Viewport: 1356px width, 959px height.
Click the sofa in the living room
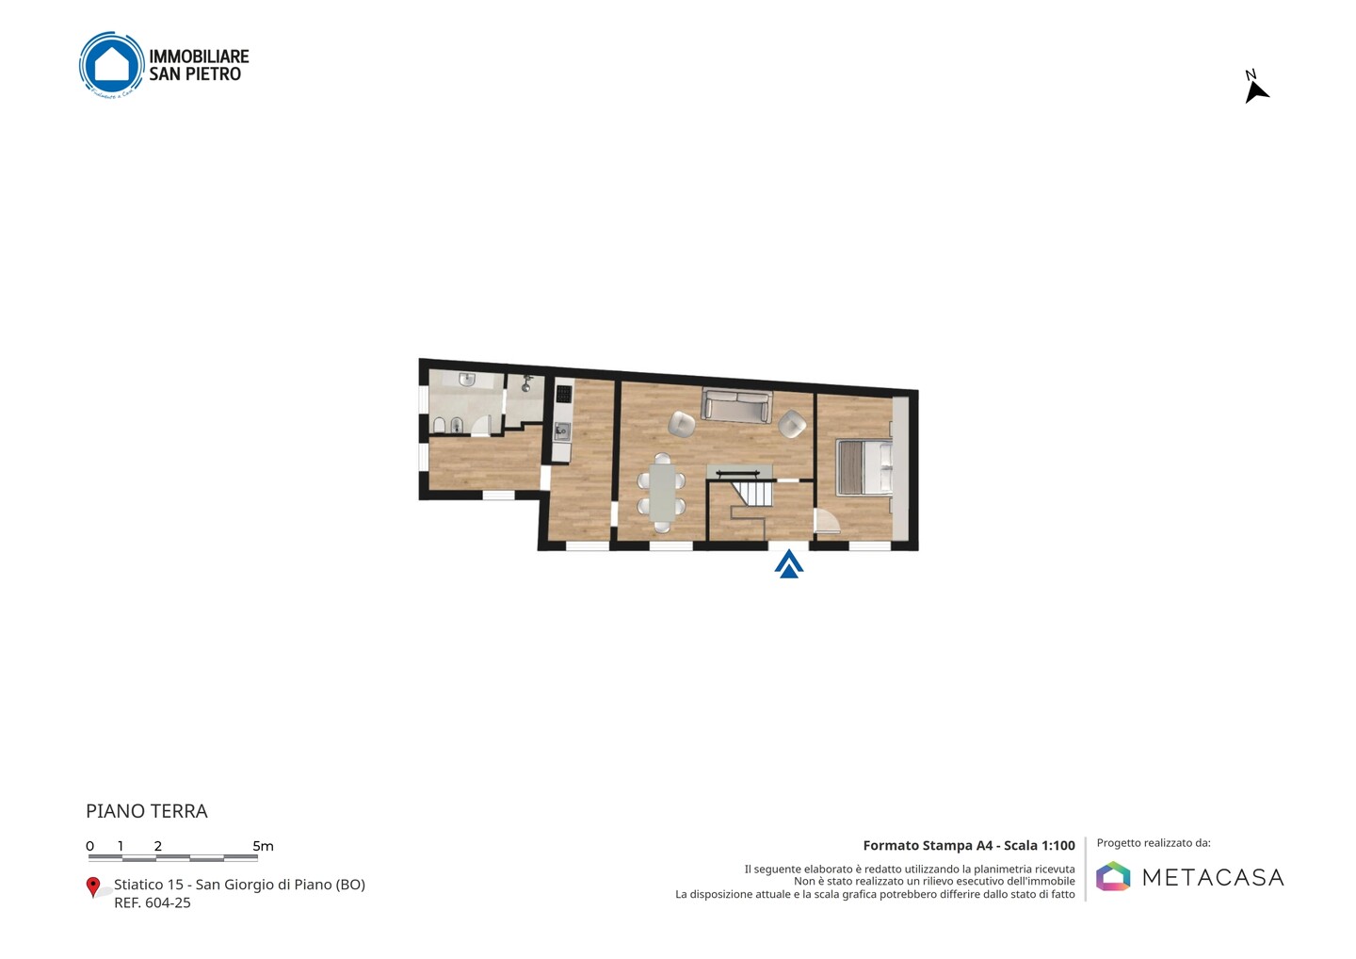point(736,406)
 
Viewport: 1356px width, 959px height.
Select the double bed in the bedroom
point(864,467)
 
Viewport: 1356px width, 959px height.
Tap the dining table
point(662,493)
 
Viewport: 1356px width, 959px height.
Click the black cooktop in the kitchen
point(563,395)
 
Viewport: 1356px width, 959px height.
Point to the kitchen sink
point(562,431)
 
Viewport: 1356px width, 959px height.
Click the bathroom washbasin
point(467,381)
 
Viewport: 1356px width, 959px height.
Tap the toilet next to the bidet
point(440,426)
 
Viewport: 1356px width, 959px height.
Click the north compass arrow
point(1255,92)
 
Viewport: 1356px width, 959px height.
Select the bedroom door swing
point(827,521)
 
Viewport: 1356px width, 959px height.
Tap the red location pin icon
point(92,887)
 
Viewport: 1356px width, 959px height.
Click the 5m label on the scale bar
point(264,846)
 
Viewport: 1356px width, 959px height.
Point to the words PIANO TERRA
point(147,811)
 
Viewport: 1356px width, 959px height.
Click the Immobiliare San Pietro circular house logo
point(112,65)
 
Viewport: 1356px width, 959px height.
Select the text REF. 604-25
point(152,902)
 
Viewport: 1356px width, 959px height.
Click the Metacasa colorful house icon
point(1113,876)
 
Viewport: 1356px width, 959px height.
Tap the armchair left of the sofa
point(682,424)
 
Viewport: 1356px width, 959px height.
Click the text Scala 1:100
point(1040,846)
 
